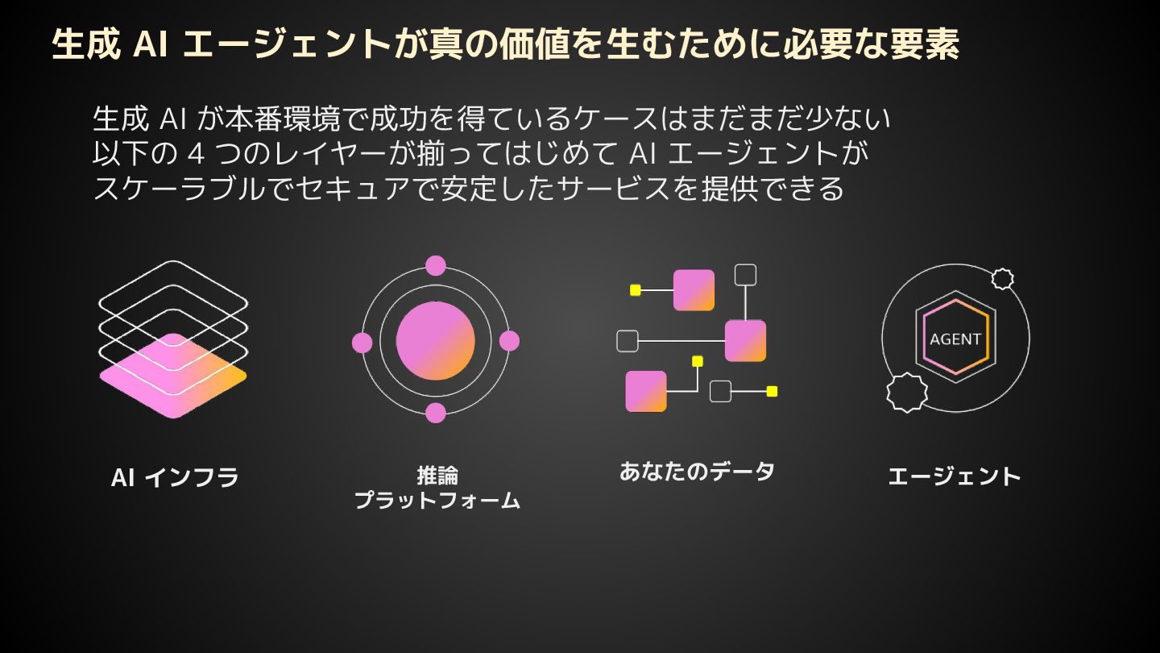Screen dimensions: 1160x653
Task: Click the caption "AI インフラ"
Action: (x=175, y=477)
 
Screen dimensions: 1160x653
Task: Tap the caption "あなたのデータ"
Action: (x=697, y=471)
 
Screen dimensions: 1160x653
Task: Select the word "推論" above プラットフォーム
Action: (x=437, y=475)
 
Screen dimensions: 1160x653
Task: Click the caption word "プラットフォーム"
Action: (x=437, y=501)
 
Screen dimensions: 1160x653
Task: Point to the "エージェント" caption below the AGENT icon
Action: (x=955, y=476)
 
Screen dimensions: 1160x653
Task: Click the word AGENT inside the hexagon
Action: (x=955, y=339)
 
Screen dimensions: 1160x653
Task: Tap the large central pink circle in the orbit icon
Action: (x=436, y=341)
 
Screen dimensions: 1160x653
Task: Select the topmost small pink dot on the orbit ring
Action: (x=436, y=265)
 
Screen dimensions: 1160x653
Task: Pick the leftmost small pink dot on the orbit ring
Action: (x=362, y=343)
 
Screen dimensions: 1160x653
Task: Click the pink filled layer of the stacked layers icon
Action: (x=172, y=376)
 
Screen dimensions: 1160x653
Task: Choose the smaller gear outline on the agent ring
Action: (x=1002, y=279)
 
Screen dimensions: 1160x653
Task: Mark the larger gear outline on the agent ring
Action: (x=907, y=393)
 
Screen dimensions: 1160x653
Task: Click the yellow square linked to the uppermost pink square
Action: (x=635, y=290)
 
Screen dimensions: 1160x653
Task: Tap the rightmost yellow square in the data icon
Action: (x=772, y=391)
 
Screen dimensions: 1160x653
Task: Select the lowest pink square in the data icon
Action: (x=646, y=391)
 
